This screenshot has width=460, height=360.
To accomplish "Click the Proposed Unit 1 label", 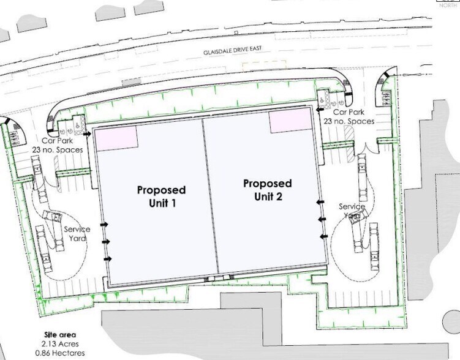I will pyautogui.click(x=161, y=197).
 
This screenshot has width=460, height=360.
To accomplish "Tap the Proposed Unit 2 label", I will pyautogui.click(x=267, y=190).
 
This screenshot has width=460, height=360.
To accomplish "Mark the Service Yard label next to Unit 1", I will pyautogui.click(x=77, y=234).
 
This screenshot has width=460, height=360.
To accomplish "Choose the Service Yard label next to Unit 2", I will pyautogui.click(x=352, y=211).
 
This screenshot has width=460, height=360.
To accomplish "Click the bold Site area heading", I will pyautogui.click(x=59, y=335).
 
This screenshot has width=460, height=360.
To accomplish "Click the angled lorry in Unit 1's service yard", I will pyautogui.click(x=53, y=219).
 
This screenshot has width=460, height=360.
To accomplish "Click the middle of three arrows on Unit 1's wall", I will pyautogui.click(x=106, y=242).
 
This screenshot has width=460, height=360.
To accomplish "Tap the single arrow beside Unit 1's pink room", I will pyautogui.click(x=88, y=133).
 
